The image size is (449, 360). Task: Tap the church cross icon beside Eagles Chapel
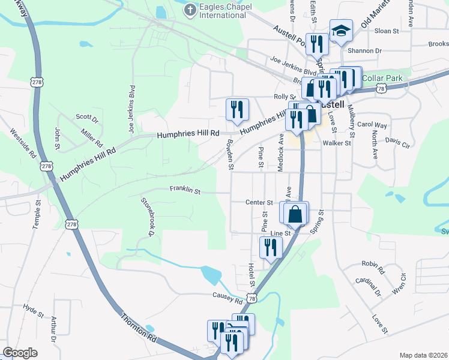[x=190, y=10]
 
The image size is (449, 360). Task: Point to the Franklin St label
[x=184, y=190]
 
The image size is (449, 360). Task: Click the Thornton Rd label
[x=139, y=327]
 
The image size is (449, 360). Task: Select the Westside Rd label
[x=23, y=143]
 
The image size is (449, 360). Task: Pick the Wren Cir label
[x=399, y=281]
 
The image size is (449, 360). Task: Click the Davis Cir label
[x=397, y=143]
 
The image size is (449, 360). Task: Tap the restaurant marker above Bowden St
[x=237, y=109]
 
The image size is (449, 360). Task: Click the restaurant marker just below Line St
[x=271, y=247]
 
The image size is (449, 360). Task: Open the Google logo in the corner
[x=20, y=353]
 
